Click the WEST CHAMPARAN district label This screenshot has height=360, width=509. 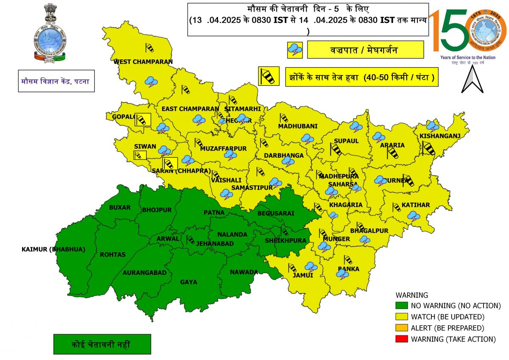click(x=143, y=62)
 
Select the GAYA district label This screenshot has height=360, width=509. click(x=188, y=282)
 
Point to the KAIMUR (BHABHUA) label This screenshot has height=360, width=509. click(x=53, y=249)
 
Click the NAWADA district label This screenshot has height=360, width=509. click(x=244, y=272)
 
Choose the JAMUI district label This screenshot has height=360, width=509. click(x=303, y=275)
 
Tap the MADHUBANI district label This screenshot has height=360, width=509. click(x=298, y=126)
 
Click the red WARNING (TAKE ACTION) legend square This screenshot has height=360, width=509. click(x=401, y=339)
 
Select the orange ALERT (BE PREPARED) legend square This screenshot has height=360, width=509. click(x=401, y=328)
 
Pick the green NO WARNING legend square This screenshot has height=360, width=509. click(x=401, y=305)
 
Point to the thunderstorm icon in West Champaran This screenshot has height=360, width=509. click(x=151, y=81)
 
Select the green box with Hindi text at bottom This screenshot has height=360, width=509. click(x=102, y=344)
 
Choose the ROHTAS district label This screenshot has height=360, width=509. click(x=112, y=254)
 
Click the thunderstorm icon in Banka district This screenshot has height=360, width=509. click(x=342, y=274)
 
